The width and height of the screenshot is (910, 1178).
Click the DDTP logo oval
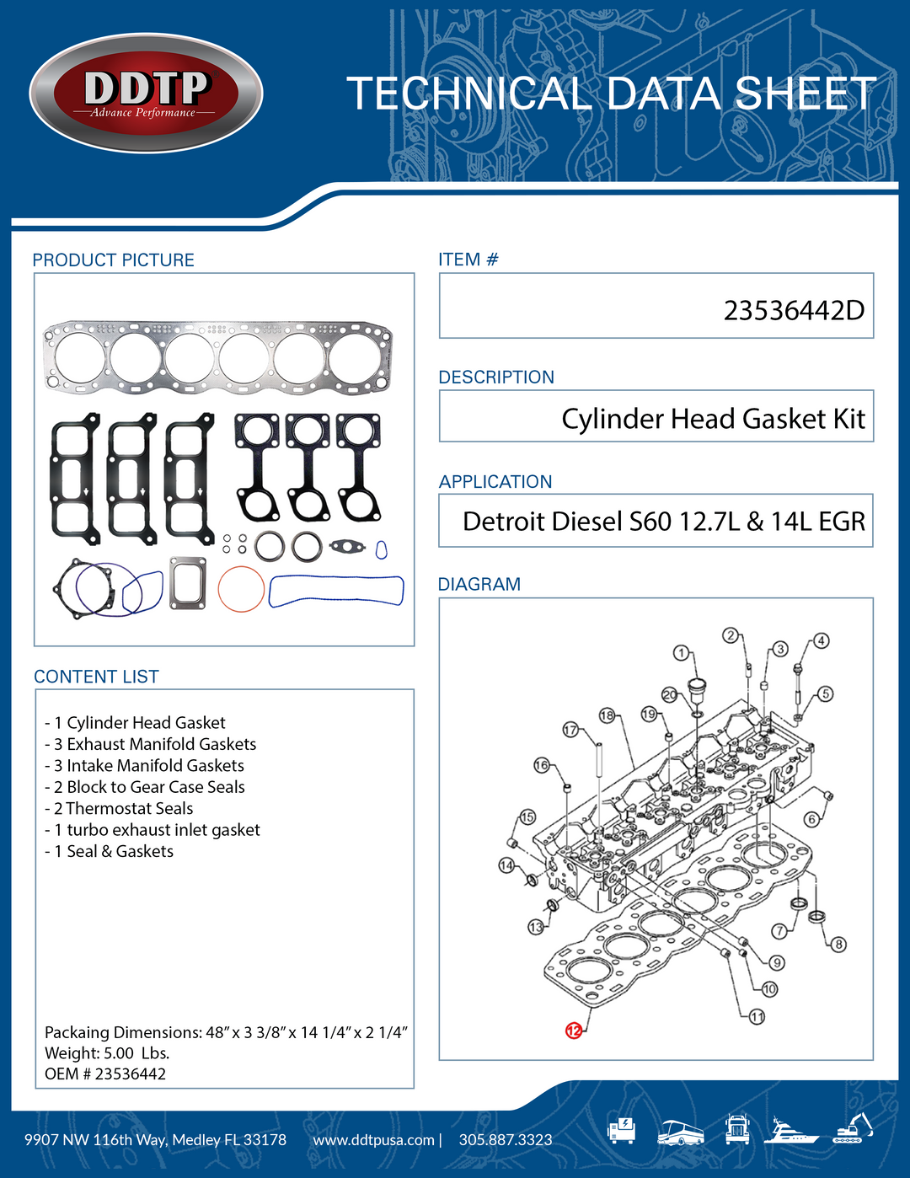[x=146, y=94]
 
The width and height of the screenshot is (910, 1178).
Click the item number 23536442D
[x=793, y=310]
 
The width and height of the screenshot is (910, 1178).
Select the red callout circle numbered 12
[x=574, y=1030]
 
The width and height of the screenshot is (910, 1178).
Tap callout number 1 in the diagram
[x=681, y=653]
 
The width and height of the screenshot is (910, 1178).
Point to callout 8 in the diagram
[x=838, y=944]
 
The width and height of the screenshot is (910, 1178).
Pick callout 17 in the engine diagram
[x=570, y=730]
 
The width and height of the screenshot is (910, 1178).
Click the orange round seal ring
[x=241, y=588]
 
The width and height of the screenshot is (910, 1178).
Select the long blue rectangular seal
[x=336, y=591]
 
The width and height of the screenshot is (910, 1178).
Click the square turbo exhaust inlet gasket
[x=187, y=582]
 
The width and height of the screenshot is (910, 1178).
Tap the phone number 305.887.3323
[x=506, y=1140]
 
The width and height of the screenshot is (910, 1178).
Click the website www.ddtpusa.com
[x=373, y=1140]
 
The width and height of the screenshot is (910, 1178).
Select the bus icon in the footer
[x=680, y=1132]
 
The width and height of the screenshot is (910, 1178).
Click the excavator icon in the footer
[x=853, y=1128]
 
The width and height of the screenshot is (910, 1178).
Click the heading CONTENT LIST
[x=96, y=677]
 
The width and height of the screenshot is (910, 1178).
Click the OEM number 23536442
[x=130, y=1074]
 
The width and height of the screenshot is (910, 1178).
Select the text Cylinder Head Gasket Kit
[x=713, y=419]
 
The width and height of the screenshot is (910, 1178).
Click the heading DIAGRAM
[x=479, y=584]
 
